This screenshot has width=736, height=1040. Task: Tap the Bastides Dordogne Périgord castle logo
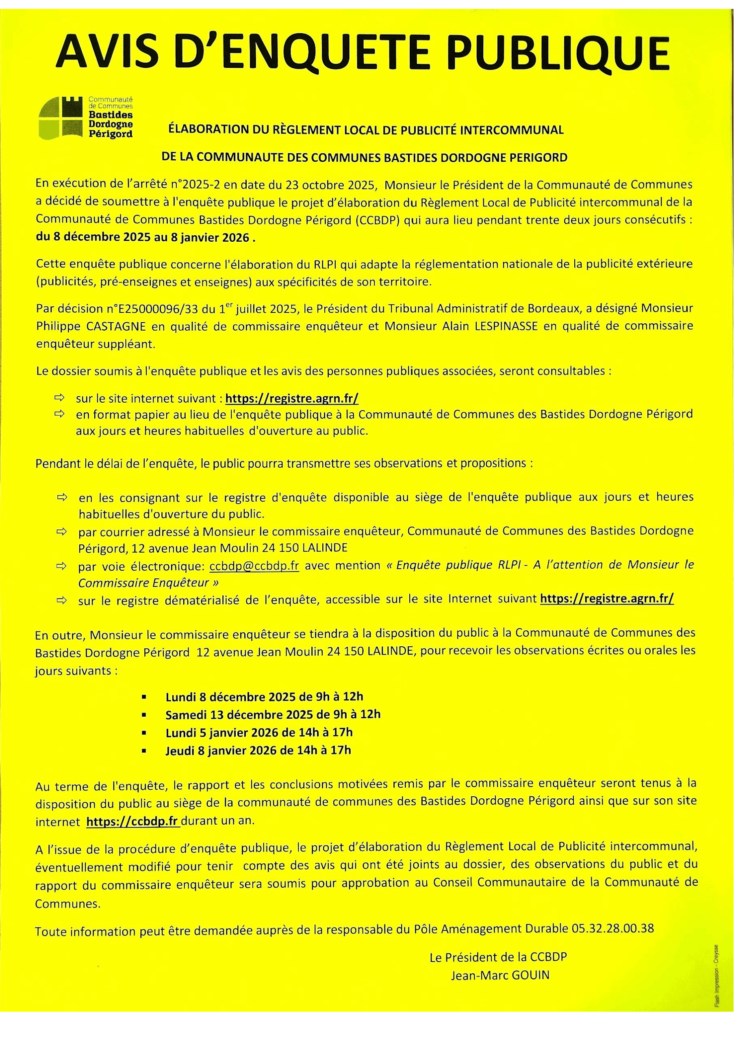61,118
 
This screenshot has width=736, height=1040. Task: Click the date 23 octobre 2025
330,185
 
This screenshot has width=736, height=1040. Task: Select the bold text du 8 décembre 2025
93,237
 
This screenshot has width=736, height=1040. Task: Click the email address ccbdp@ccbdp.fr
254,566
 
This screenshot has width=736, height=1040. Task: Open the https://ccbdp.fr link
132,822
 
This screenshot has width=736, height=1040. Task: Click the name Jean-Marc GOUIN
500,975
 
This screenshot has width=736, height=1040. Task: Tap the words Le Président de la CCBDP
499,957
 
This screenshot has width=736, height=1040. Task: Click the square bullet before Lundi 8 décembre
144,697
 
